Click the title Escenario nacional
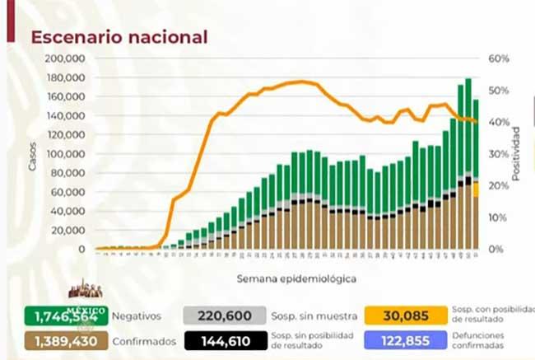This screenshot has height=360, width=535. [x=119, y=37]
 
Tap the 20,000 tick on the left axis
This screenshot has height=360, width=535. [x=72, y=230]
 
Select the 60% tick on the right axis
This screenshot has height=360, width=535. [x=499, y=59]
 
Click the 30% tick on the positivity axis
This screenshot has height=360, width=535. [x=499, y=154]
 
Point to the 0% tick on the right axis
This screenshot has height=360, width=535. [x=496, y=249]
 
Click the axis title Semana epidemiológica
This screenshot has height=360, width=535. [x=285, y=278]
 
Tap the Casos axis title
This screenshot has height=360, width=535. [x=32, y=155]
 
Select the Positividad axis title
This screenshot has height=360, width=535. [x=516, y=154]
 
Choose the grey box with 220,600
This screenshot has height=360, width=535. [x=224, y=315]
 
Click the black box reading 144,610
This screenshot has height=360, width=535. [x=224, y=339]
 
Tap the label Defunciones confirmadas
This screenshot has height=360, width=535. [x=481, y=339]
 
